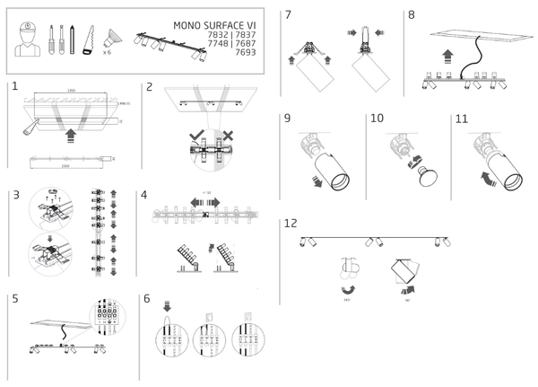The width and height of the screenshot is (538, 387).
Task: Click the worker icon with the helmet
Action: click(28, 40)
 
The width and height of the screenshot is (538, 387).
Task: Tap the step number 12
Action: click(291, 223)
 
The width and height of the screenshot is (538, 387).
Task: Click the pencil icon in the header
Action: click(71, 39)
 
